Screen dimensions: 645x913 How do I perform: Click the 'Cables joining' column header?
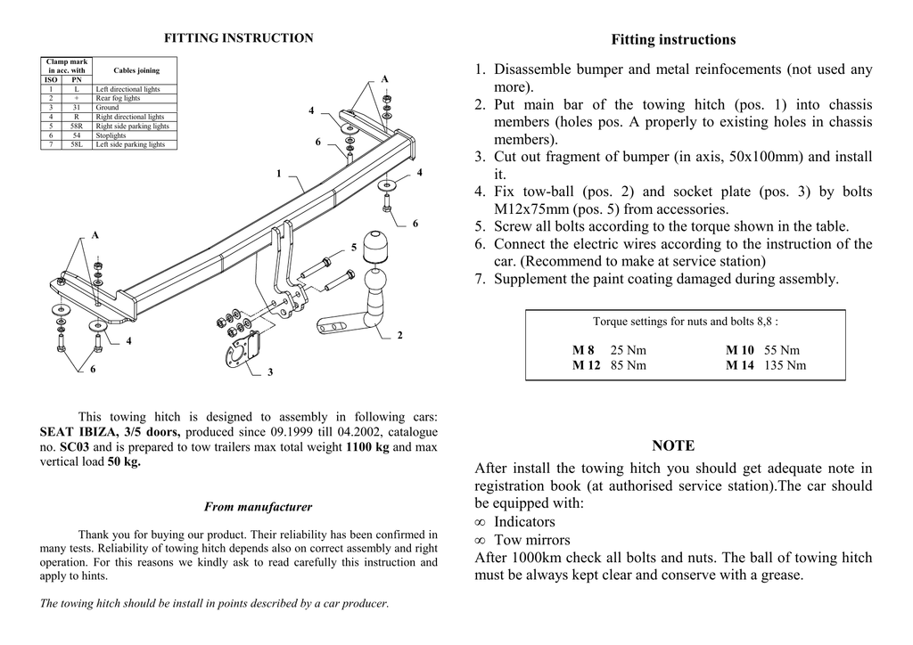point(136,70)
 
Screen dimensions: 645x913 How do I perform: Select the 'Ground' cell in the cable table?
point(107,108)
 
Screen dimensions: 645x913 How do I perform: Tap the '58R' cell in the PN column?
point(77,127)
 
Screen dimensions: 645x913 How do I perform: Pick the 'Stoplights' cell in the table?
point(111,135)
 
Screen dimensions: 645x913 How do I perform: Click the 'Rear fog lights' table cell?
point(118,99)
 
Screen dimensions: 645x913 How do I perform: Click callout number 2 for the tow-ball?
point(399,335)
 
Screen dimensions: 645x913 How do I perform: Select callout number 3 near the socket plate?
point(270,372)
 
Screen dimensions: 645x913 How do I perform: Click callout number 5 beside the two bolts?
point(353,247)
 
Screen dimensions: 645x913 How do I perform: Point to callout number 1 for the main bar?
point(279,173)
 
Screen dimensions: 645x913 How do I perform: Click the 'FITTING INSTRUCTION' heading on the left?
point(238,38)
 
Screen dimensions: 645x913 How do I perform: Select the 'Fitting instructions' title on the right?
point(673,40)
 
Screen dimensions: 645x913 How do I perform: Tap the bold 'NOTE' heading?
point(673,445)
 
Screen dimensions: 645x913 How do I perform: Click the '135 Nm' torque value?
point(785,365)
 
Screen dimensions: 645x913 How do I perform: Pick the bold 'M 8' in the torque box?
point(584,350)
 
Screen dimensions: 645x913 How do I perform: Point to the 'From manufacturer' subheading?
point(258,507)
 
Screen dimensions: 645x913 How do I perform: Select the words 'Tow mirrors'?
point(531,540)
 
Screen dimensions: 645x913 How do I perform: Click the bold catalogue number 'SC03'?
point(75,446)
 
